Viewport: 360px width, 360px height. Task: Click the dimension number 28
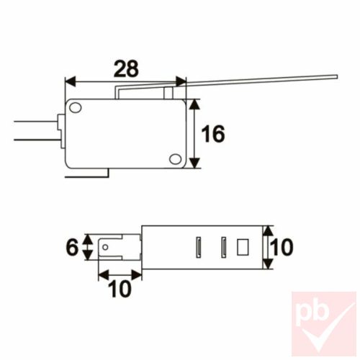[x=127, y=68]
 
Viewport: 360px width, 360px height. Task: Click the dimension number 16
[x=212, y=134]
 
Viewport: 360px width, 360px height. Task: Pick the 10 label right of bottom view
[x=283, y=248]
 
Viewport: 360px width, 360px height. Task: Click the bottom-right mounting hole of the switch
[x=174, y=159]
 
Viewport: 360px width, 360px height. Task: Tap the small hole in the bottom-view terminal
[x=107, y=248]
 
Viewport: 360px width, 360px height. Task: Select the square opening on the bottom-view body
[x=241, y=247]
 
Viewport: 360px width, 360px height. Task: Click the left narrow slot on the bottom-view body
[x=197, y=247]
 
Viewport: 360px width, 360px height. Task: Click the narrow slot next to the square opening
[x=224, y=247]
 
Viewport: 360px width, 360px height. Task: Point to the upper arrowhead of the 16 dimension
[x=195, y=103]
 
